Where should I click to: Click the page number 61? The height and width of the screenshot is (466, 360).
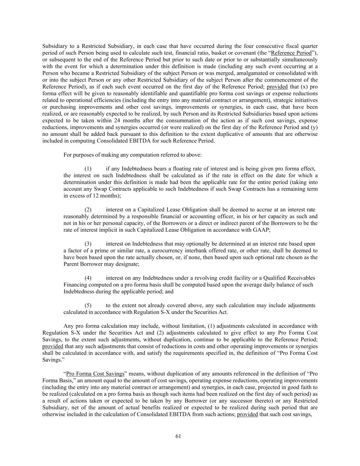tap(178, 436)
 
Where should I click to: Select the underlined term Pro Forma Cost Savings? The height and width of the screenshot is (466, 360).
tap(95, 373)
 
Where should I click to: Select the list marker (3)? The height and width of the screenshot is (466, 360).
tap(88, 244)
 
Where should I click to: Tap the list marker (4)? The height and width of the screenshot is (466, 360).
tap(88, 278)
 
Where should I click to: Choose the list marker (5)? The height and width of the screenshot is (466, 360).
tap(88, 305)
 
